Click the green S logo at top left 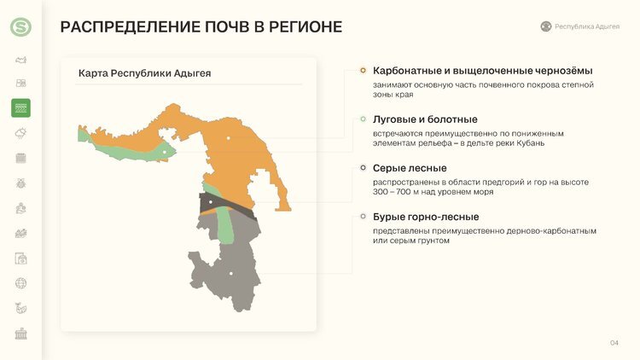click(x=20, y=27)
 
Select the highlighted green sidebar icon click(x=20, y=107)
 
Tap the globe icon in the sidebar click(x=20, y=283)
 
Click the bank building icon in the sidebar click(x=20, y=334)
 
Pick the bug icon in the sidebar click(x=20, y=183)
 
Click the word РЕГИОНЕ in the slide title click(x=298, y=27)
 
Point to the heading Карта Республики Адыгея click(x=144, y=73)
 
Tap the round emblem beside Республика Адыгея click(x=546, y=26)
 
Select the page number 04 click(x=614, y=343)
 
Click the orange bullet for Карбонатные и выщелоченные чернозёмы click(x=363, y=70)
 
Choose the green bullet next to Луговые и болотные click(x=363, y=119)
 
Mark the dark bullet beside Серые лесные click(x=363, y=168)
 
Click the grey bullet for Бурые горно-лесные click(x=363, y=217)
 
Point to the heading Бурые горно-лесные click(x=426, y=217)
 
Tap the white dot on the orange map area click(x=229, y=138)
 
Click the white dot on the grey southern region click(x=231, y=273)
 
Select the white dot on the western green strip click(x=165, y=152)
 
